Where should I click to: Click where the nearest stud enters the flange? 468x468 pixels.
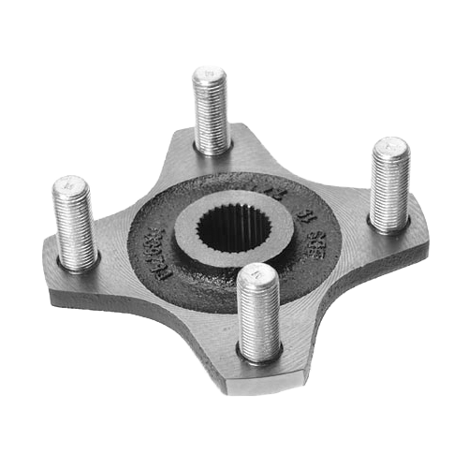coord(259,350)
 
